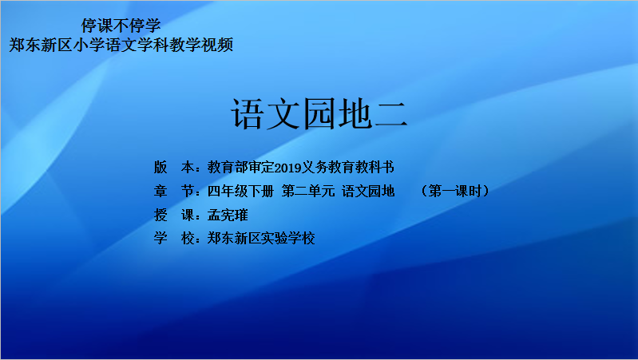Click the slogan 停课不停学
(x=121, y=26)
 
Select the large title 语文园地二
(x=319, y=114)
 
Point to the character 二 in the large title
(x=390, y=115)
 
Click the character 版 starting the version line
(x=160, y=167)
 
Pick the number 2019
(x=287, y=168)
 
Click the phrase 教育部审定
(x=240, y=167)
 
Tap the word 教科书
(x=374, y=167)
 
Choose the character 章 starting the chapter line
(x=160, y=191)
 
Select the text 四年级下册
(x=240, y=191)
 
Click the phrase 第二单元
(x=308, y=191)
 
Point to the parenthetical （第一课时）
(x=455, y=191)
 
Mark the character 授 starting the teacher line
(x=160, y=215)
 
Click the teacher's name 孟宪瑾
(x=228, y=215)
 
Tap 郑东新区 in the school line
(x=234, y=239)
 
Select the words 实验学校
(x=287, y=239)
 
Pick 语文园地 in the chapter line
(x=368, y=191)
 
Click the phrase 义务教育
(x=328, y=167)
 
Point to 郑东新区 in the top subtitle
(x=41, y=45)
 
